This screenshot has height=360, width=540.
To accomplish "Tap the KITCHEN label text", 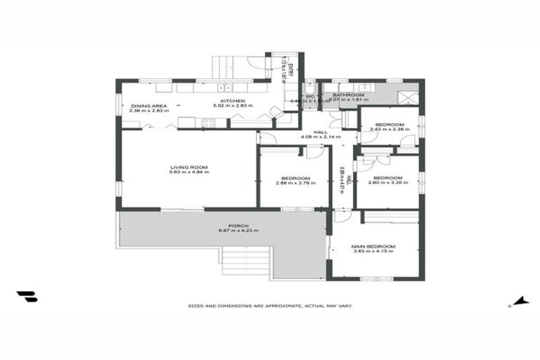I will click(x=233, y=101).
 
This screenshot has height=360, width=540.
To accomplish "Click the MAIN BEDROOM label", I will click(x=373, y=246).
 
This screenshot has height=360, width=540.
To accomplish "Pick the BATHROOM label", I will click(x=348, y=95).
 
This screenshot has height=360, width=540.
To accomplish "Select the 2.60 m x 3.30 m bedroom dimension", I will click(x=387, y=183).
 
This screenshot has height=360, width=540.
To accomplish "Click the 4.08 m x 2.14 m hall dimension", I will click(x=320, y=136).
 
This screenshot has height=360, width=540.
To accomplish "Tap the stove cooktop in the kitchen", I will click(x=208, y=123).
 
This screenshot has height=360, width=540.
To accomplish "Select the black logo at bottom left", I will click(x=27, y=297).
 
